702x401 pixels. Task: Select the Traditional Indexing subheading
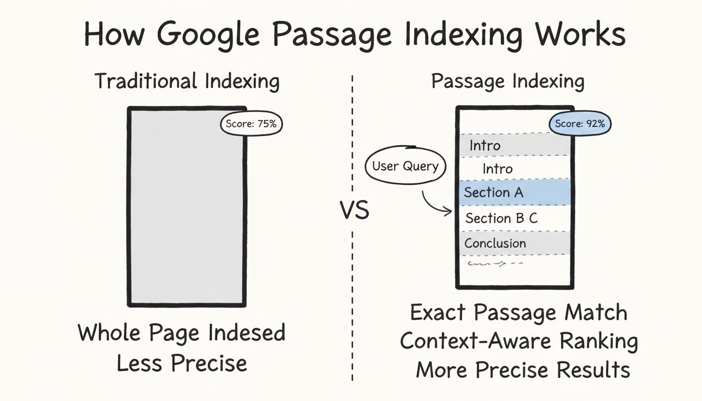pos(187,82)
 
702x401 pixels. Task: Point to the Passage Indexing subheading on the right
pos(508,82)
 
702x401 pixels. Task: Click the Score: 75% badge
pos(251,125)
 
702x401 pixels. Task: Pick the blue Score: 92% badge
pos(580,124)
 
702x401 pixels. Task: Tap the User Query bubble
pos(405,167)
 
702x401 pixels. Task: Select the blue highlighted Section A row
pos(514,192)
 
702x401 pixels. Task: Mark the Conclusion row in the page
pos(514,243)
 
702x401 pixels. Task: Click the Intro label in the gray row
pos(485,145)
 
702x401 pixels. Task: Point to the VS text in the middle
pos(354,210)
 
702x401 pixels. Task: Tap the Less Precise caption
pos(182,363)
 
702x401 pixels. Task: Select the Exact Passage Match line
pos(519,313)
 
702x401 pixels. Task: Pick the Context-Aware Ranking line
pos(519,341)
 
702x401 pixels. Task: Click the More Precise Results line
pos(523,370)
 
